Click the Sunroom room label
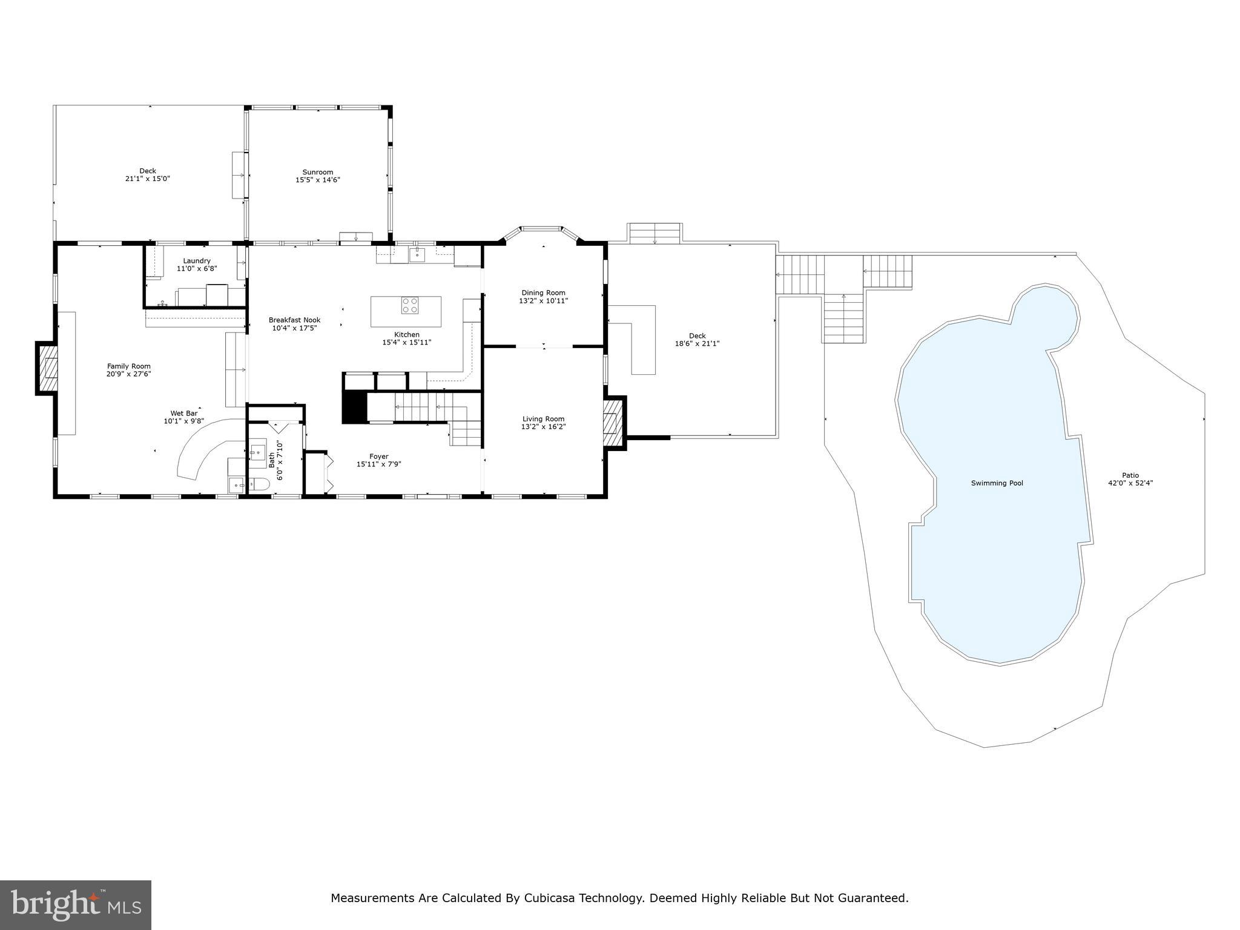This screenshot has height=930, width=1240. point(318,172)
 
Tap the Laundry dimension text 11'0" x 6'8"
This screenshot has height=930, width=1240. point(197,268)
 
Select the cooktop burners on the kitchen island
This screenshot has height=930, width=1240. point(409,305)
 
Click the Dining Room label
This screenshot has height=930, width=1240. point(543,292)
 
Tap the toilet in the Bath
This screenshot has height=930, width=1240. point(260,484)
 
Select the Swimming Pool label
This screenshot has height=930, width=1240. point(997,483)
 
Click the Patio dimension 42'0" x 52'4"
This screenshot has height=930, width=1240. point(1130,483)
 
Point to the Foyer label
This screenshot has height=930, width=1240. point(379,457)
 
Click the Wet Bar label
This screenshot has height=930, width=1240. point(183,414)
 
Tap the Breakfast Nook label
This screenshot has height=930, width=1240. point(294,320)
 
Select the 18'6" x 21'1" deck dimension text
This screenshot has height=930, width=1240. point(697,344)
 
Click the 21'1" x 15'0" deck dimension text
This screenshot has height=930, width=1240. point(147,179)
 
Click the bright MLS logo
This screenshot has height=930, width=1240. point(76,905)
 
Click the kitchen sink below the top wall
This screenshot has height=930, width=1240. point(417,254)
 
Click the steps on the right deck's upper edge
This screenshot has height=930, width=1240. point(655,233)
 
